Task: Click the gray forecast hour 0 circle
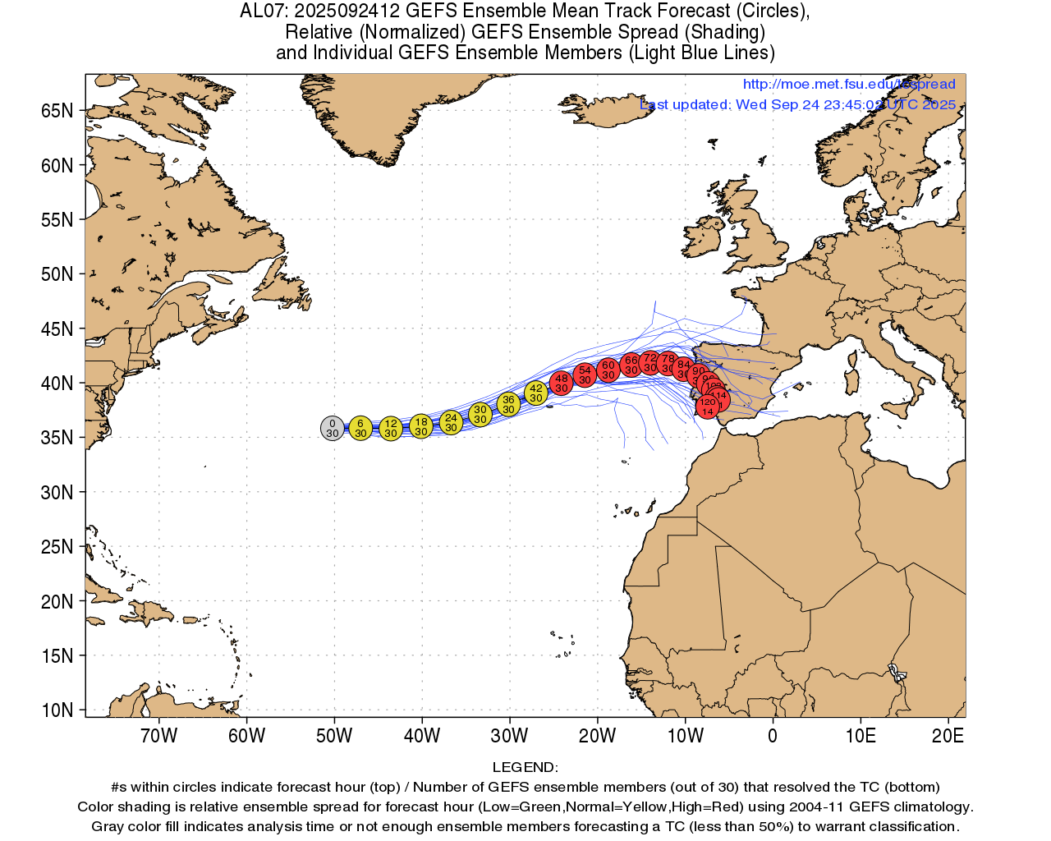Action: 332,428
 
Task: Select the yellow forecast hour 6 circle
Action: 360,428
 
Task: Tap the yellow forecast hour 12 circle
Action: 391,428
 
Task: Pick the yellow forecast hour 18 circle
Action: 420,426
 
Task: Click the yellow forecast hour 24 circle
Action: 451,422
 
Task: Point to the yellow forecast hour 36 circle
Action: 508,404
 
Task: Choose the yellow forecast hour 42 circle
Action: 536,393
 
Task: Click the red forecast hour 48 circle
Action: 562,383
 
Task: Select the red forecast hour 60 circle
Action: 608,370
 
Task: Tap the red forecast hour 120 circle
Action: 708,407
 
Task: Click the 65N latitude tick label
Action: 57,111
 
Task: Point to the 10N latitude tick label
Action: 57,710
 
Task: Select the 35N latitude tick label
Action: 57,438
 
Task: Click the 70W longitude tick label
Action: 158,736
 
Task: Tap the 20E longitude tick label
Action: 948,736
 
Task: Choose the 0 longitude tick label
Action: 773,736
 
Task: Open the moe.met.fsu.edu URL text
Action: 849,84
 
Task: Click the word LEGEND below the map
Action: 525,767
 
